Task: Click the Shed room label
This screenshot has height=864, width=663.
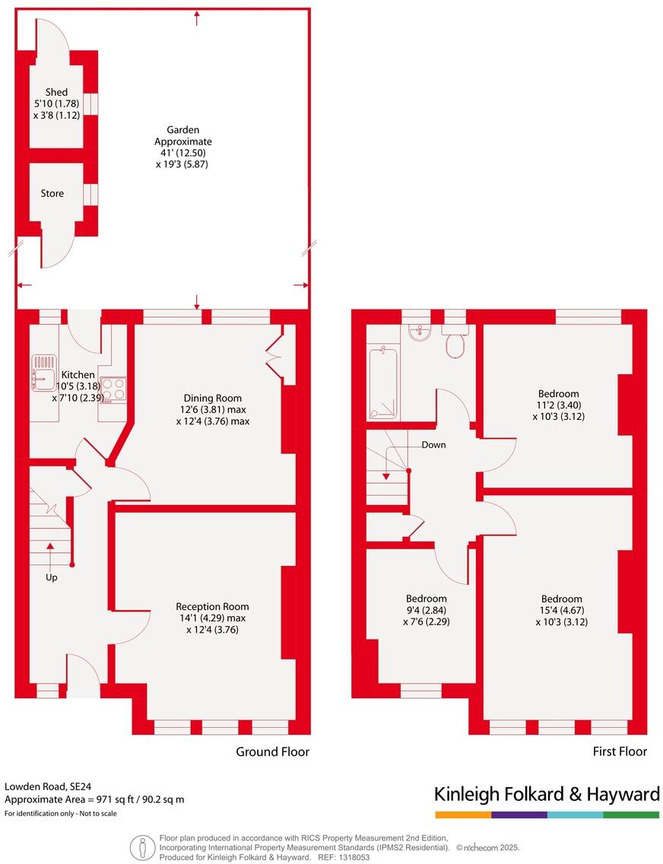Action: click(56, 93)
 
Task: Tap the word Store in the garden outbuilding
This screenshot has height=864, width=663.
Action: click(52, 193)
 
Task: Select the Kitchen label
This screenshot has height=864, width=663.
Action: click(78, 375)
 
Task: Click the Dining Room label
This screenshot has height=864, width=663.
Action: click(212, 398)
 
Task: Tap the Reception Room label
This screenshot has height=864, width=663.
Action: click(212, 606)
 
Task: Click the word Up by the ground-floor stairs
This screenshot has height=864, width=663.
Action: click(52, 577)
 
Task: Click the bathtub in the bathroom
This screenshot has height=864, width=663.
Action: click(383, 383)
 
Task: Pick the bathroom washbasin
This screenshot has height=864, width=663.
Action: click(419, 332)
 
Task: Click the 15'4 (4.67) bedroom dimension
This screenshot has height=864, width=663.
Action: click(561, 610)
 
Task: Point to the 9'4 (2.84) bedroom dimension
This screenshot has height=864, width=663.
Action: click(426, 610)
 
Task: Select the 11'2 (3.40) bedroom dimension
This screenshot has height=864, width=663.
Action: click(558, 405)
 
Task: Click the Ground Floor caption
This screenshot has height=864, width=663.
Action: click(272, 751)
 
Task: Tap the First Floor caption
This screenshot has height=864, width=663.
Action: click(620, 751)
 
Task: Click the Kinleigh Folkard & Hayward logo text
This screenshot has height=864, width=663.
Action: click(547, 795)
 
